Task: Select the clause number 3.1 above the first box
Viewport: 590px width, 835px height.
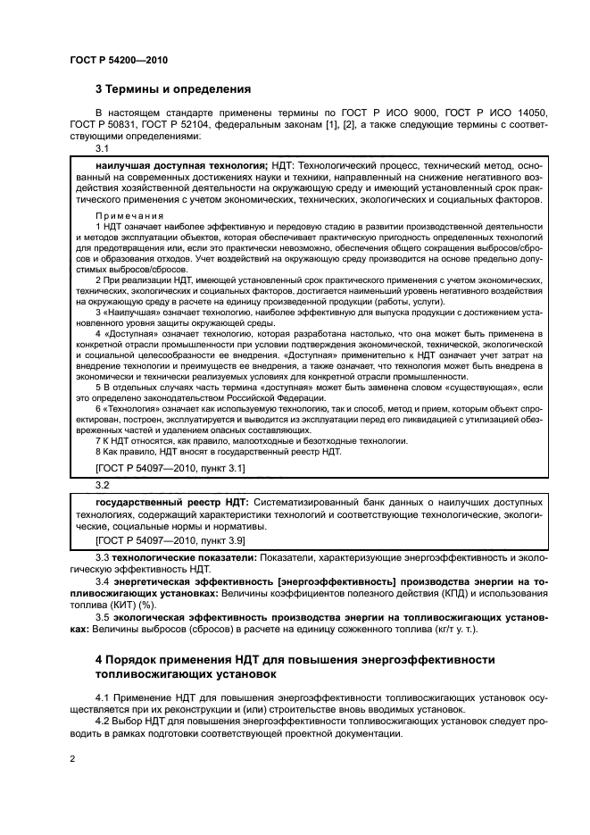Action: click(x=102, y=149)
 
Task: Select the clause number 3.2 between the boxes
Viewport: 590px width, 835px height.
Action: click(x=102, y=484)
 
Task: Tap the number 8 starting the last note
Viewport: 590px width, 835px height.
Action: click(x=97, y=451)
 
